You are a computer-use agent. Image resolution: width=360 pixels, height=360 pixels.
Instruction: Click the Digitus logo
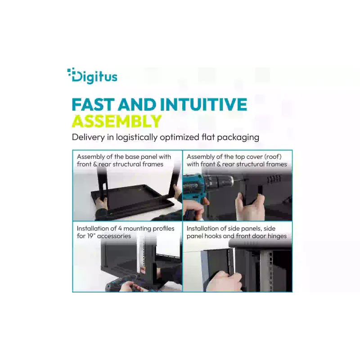tap(92, 76)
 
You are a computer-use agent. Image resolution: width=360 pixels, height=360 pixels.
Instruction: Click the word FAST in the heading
tap(93, 104)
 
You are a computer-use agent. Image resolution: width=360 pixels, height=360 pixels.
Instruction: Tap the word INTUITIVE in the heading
tap(203, 104)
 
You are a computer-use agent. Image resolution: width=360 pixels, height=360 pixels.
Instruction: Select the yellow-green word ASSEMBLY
tap(117, 121)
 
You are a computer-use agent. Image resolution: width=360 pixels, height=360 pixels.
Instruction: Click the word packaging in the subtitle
tap(238, 138)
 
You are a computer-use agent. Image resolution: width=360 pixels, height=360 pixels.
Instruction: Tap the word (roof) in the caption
tap(273, 157)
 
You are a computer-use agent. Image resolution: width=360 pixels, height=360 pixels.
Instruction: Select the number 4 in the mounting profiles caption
tap(120, 229)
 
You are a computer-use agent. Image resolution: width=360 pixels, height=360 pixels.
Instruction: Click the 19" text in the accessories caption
tap(91, 236)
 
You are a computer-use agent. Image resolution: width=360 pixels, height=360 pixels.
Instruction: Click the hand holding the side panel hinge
tap(224, 281)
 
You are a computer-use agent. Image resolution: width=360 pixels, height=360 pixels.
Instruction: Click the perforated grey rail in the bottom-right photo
tap(267, 271)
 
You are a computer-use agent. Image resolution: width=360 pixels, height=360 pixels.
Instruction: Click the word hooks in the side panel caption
tap(220, 236)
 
